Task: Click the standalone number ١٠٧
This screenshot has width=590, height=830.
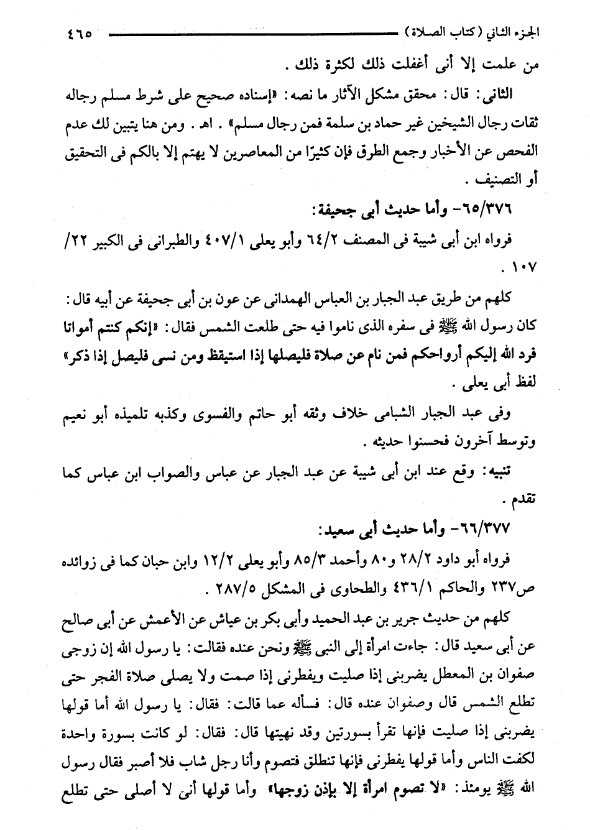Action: pyautogui.click(x=520, y=269)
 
